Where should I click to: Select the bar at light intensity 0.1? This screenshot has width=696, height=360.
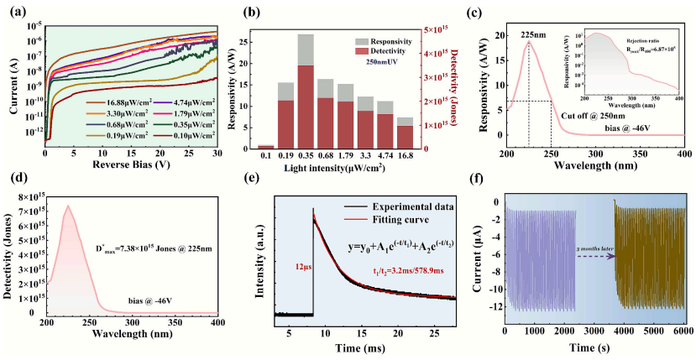265,147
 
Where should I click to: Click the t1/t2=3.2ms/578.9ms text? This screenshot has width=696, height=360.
410,271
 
